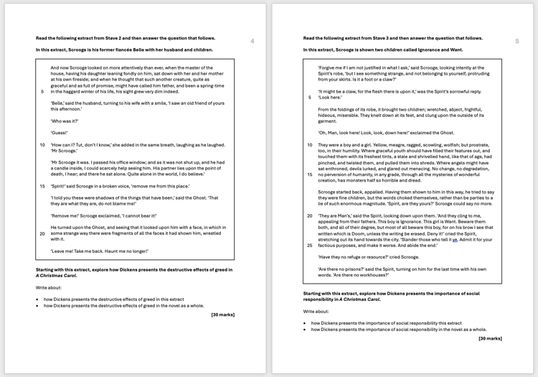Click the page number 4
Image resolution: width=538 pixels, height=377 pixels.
pyautogui.click(x=252, y=42)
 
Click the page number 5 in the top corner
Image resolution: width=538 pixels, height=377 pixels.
pyautogui.click(x=516, y=42)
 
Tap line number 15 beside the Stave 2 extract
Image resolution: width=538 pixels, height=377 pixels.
pyautogui.click(x=42, y=186)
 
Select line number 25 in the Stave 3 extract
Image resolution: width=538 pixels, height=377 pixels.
pyautogui.click(x=309, y=245)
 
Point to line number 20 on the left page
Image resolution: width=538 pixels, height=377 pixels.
pyautogui.click(x=42, y=233)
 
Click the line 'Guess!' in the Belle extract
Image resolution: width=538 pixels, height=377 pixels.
pyautogui.click(x=59, y=133)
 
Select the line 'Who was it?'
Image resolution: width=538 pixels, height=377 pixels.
pyautogui.click(x=65, y=121)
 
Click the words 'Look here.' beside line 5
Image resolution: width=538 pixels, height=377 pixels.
pyautogui.click(x=331, y=97)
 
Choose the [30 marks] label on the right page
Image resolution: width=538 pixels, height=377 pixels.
pyautogui.click(x=490, y=338)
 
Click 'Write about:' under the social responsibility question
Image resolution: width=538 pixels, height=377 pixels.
pyautogui.click(x=316, y=312)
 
